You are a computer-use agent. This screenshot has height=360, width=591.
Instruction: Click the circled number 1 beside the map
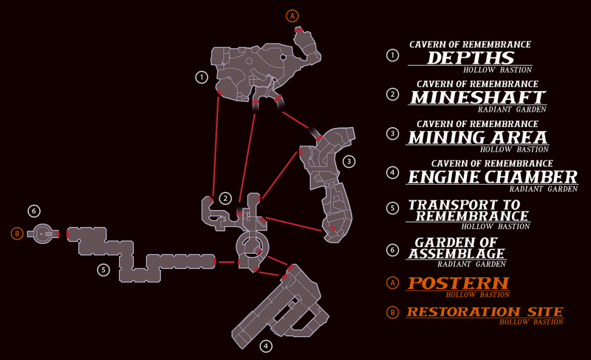click(200, 76)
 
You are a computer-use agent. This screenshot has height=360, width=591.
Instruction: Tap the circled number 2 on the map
click(225, 198)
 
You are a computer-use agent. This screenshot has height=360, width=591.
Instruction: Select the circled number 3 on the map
click(349, 160)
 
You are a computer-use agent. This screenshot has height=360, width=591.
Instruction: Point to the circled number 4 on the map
click(266, 345)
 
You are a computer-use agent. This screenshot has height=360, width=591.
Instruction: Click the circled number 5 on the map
click(103, 270)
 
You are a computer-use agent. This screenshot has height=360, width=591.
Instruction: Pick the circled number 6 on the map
click(33, 211)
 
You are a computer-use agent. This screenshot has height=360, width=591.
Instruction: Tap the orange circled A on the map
click(293, 16)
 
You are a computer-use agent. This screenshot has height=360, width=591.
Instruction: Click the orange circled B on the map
click(16, 234)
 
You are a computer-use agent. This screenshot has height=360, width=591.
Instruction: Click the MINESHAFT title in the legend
click(477, 98)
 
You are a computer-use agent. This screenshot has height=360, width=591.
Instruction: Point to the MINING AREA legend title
click(477, 137)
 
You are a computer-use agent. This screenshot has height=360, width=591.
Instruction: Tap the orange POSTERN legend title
click(459, 283)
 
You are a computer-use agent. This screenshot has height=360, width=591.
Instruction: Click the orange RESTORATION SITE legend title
click(485, 312)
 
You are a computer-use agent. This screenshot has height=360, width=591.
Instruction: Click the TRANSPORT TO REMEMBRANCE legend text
click(469, 210)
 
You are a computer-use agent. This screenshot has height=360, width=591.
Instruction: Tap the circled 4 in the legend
click(392, 174)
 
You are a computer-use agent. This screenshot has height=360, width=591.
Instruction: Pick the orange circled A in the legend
click(392, 282)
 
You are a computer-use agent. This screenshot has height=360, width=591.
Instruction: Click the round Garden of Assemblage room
click(44, 234)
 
